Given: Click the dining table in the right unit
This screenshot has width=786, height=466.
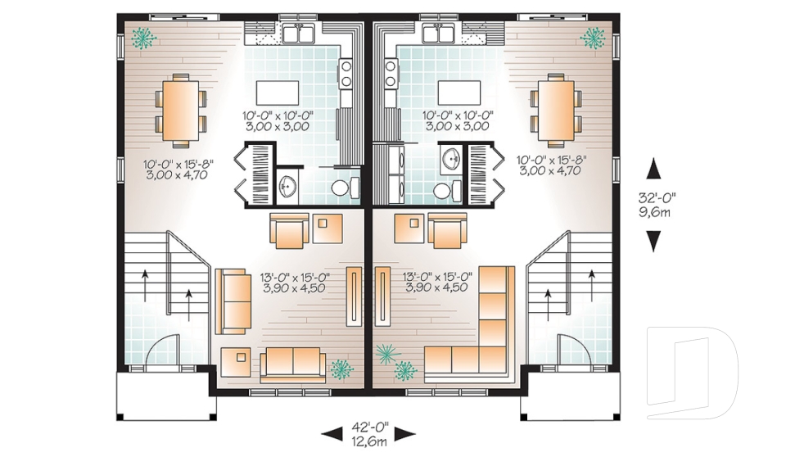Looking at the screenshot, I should [x=556, y=108].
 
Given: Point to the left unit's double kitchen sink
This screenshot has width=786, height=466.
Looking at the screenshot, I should [x=298, y=33].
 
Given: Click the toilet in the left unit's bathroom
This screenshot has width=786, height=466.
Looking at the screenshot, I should [x=344, y=188].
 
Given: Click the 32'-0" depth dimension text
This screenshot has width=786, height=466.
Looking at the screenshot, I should [x=654, y=197].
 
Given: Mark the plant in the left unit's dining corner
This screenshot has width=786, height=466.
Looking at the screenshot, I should [x=144, y=37].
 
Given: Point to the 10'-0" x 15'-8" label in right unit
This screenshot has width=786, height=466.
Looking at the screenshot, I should [x=553, y=165].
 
